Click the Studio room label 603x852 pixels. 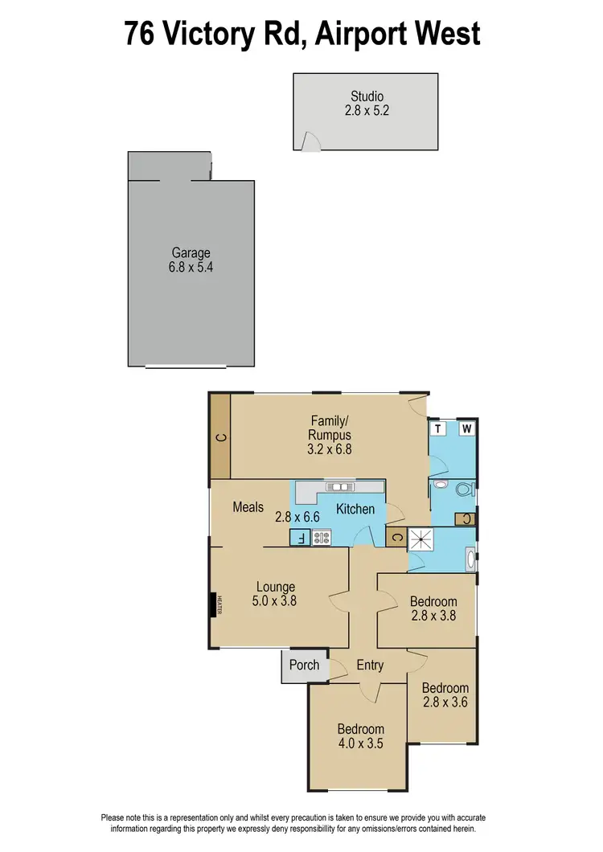point(366,97)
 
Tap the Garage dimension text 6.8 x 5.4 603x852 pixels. point(191,268)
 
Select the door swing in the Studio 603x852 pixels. point(309,141)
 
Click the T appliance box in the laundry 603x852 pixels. point(440,428)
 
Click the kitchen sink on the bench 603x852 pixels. point(338,487)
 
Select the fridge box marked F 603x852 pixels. point(298,538)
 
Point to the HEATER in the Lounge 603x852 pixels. point(215,604)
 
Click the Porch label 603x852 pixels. point(304,665)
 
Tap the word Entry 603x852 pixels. point(370,666)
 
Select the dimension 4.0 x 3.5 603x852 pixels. point(360,743)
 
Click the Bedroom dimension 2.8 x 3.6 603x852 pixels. point(445,702)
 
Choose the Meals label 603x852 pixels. point(248,507)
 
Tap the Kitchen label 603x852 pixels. point(355,509)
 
